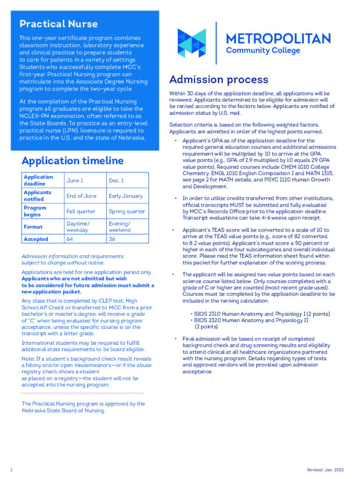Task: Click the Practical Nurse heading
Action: (x=58, y=24)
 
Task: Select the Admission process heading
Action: (x=219, y=80)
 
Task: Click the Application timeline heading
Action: (x=72, y=161)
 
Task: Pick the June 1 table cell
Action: (x=75, y=181)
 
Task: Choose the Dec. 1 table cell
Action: (x=116, y=181)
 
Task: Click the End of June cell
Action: (x=81, y=196)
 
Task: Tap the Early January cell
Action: (x=125, y=196)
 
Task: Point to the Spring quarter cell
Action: (x=127, y=211)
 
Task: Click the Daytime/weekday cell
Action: (x=78, y=227)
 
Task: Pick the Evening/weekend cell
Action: (x=120, y=227)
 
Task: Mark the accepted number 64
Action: (x=70, y=239)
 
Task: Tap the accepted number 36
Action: (x=112, y=239)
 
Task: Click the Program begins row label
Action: (x=35, y=211)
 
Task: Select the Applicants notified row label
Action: (x=37, y=196)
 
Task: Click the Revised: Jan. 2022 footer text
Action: (x=325, y=470)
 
